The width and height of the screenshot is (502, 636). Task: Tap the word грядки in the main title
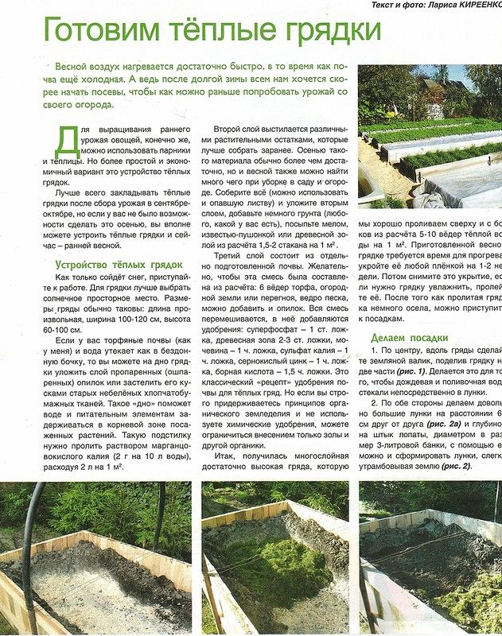(x=326, y=32)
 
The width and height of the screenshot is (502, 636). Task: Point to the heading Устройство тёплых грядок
(x=119, y=264)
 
